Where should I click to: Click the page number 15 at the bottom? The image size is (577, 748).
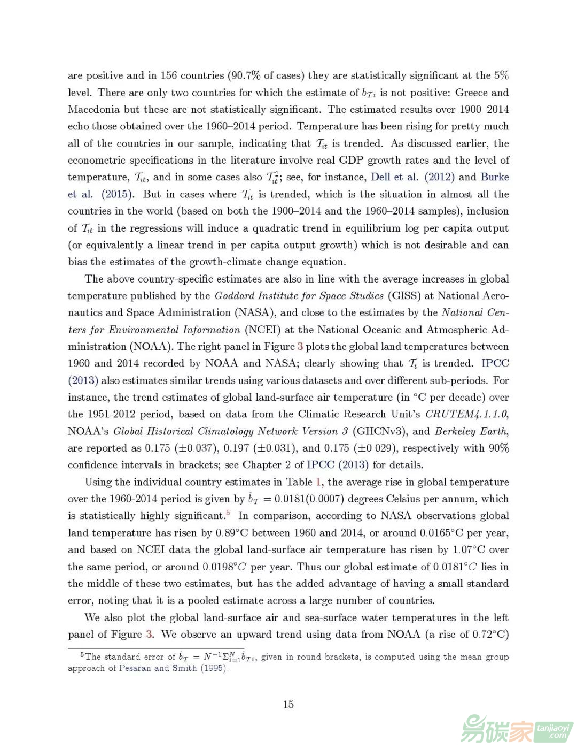[288, 704]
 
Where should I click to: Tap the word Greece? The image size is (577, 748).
[471, 93]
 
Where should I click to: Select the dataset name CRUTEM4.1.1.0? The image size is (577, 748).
[466, 414]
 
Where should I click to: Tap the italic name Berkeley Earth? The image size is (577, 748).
[471, 431]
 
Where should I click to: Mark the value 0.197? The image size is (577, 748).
[236, 448]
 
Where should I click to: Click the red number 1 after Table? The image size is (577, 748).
[318, 482]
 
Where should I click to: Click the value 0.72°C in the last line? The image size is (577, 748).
[489, 635]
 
